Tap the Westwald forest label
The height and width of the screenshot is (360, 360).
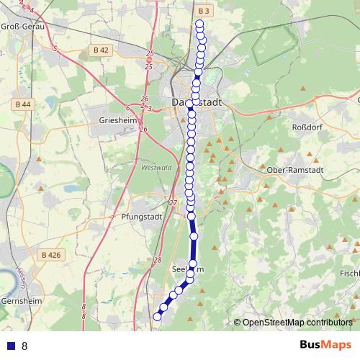point(157,168)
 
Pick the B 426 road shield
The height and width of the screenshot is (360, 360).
point(51,254)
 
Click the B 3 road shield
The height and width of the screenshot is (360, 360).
point(203,11)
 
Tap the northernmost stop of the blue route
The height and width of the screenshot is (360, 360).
point(199,24)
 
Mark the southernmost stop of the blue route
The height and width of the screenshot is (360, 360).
point(158,315)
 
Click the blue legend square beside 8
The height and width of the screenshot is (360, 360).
point(12,346)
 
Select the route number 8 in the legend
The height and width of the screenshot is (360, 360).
point(24,346)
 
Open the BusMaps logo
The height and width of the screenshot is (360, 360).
point(325,345)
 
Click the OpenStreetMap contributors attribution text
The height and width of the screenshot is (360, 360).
point(297,323)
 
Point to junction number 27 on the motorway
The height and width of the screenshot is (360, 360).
point(173,203)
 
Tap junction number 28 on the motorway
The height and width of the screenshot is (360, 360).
point(158,261)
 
